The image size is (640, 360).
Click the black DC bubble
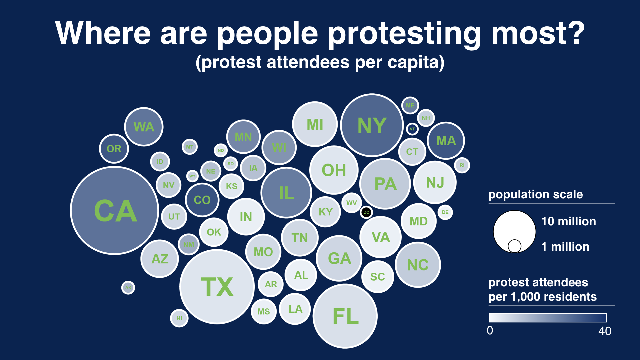[x=366, y=212]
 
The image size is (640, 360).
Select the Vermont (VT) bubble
[x=412, y=129]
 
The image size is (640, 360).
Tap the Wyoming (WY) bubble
[x=192, y=176]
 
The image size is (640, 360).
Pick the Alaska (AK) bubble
[x=128, y=288]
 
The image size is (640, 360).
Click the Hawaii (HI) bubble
[x=179, y=318]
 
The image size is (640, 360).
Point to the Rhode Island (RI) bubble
[x=462, y=165]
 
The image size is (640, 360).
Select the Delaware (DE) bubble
[x=445, y=212]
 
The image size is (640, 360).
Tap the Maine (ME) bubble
[x=410, y=105]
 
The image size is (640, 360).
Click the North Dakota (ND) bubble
[x=221, y=151]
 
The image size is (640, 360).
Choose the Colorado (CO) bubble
[x=202, y=200]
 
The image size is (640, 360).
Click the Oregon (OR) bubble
[x=114, y=149]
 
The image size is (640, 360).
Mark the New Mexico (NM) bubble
[x=189, y=244]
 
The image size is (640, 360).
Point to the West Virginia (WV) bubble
[x=351, y=203]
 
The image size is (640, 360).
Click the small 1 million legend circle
[x=514, y=246]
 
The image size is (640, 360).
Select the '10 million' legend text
[x=568, y=221]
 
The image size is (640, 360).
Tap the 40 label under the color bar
[x=605, y=331]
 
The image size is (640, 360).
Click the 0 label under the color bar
[x=490, y=331]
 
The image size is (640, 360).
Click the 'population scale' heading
[x=535, y=194]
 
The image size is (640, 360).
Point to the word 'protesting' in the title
[x=405, y=33]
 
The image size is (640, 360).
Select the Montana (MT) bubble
[x=190, y=147]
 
